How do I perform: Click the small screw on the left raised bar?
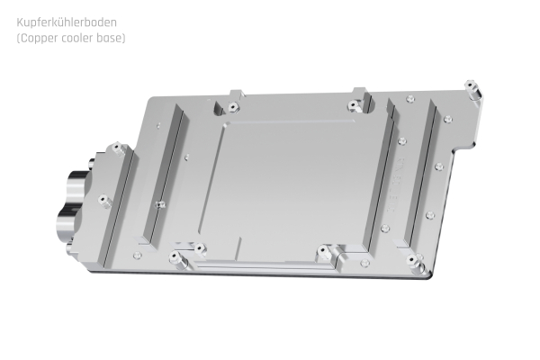160,203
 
